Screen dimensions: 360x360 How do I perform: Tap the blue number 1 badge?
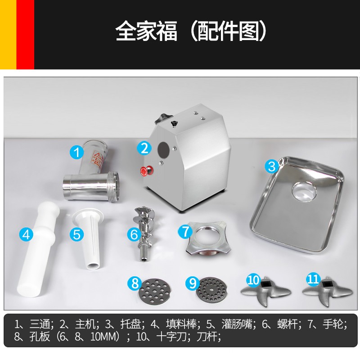[x=76, y=152]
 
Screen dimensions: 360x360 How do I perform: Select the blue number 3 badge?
[x=272, y=166]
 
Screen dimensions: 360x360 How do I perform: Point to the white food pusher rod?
[x=38, y=249]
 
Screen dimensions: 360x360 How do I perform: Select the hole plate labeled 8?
[x=155, y=291]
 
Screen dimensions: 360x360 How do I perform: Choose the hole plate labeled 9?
[x=211, y=290]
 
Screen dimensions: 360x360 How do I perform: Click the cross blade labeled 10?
[x=266, y=291]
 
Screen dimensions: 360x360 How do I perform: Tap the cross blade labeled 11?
[x=327, y=292]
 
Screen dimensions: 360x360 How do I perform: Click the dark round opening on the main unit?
[x=163, y=149]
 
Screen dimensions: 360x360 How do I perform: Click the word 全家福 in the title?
[x=147, y=31]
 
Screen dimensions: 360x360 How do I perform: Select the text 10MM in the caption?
[x=105, y=337]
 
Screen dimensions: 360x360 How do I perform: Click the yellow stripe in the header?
[x=8, y=35]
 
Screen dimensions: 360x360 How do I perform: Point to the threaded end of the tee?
[x=114, y=186]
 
